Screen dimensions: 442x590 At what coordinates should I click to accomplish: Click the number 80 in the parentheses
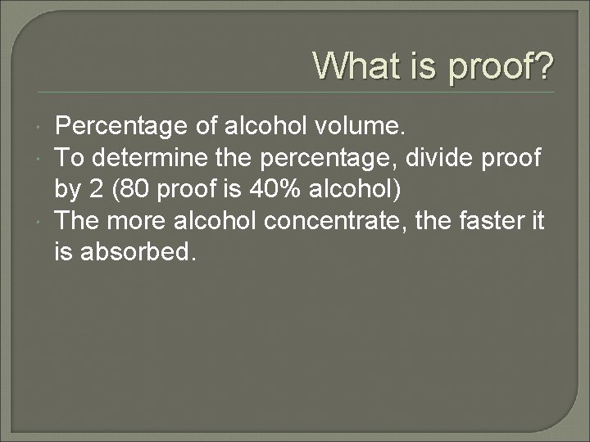click(x=134, y=189)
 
